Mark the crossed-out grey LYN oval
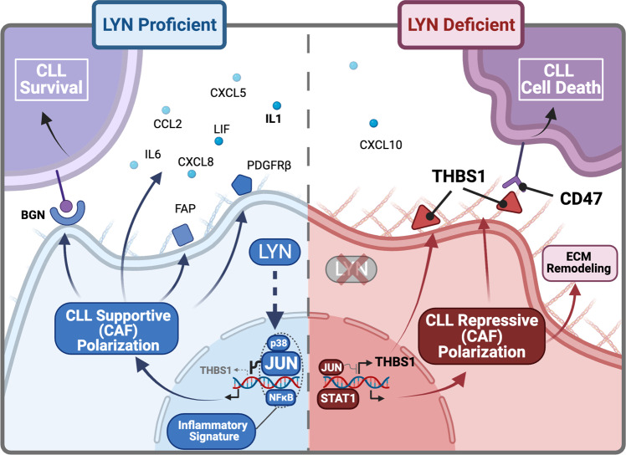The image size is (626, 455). pyautogui.click(x=351, y=272)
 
